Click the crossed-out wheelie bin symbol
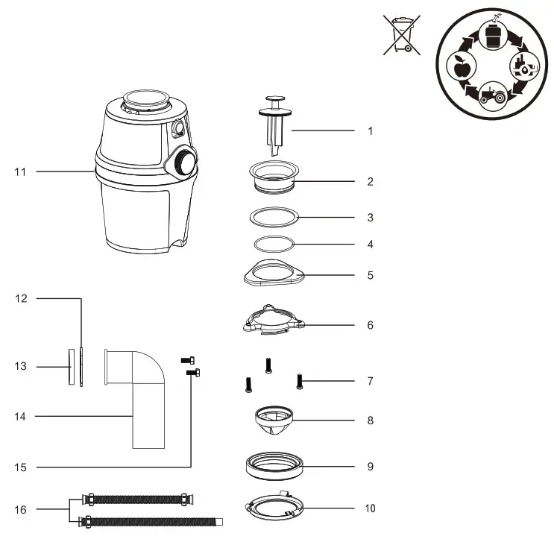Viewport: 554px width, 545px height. tap(401, 36)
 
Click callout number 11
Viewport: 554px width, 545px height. tap(20, 171)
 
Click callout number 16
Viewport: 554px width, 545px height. tap(20, 510)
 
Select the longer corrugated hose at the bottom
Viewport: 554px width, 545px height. tap(149, 520)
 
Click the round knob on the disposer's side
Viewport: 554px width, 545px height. tap(183, 160)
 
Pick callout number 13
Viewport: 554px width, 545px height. tap(20, 366)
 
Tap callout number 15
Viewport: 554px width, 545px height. tap(20, 467)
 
